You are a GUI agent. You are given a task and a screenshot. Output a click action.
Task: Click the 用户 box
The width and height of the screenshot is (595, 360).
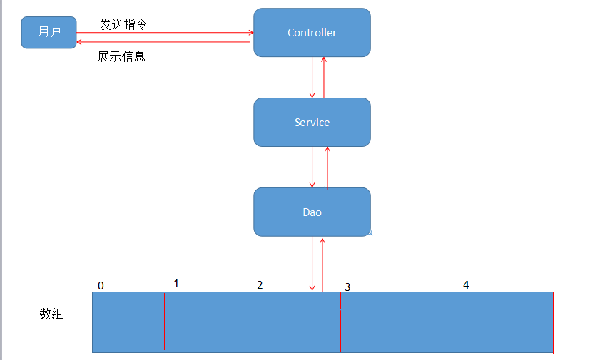click(x=49, y=32)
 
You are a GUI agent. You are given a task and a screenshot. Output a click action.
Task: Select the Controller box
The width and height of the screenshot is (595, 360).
click(x=312, y=33)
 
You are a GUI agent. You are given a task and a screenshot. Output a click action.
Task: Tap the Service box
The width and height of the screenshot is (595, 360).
click(x=312, y=123)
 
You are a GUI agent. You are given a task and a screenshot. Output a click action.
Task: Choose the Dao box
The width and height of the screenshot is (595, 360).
click(x=312, y=212)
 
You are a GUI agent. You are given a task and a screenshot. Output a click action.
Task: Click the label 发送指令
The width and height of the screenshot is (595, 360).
click(x=123, y=24)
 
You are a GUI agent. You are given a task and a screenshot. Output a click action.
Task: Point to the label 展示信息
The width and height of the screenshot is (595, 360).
click(x=121, y=56)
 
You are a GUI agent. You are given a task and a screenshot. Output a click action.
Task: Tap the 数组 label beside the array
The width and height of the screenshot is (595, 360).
click(x=51, y=313)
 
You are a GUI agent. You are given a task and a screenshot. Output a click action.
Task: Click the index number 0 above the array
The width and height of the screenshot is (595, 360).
click(x=101, y=286)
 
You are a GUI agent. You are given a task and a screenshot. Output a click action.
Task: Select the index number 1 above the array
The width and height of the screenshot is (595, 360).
click(x=176, y=284)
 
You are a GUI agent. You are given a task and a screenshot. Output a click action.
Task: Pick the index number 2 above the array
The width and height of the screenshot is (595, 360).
click(x=260, y=284)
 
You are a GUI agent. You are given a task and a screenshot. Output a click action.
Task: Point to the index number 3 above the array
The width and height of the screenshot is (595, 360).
click(x=347, y=287)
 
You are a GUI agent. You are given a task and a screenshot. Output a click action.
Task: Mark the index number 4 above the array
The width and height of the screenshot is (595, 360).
click(x=466, y=284)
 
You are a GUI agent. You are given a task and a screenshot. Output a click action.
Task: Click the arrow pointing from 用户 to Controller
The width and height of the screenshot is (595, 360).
click(x=164, y=32)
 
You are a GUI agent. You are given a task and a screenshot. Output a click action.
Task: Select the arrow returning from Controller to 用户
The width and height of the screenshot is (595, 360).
click(x=164, y=42)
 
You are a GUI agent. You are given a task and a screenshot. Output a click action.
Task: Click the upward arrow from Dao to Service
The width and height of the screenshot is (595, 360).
click(x=327, y=167)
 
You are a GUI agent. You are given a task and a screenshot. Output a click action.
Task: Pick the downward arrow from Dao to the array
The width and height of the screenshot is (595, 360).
click(x=312, y=264)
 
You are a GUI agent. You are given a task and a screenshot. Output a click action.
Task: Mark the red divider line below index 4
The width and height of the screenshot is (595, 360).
click(x=454, y=322)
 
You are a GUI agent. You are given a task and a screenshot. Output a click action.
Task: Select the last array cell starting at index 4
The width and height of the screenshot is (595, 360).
click(x=504, y=322)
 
